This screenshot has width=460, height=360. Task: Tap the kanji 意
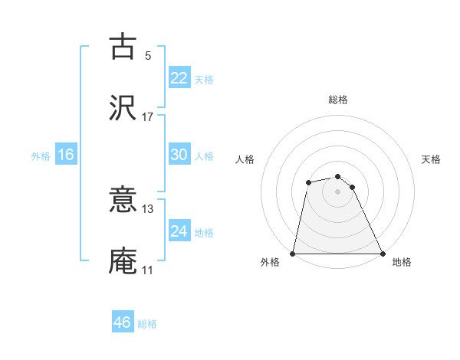[x=123, y=201]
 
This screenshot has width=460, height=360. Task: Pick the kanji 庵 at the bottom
[x=123, y=260]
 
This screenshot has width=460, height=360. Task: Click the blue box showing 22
[x=179, y=78]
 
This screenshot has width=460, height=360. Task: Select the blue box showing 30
[x=179, y=155]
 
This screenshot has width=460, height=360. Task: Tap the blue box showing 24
[x=179, y=231]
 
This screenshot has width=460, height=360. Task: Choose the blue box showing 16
[x=66, y=155]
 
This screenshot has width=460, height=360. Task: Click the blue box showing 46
[x=123, y=322]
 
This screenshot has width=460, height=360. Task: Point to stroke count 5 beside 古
[x=148, y=55]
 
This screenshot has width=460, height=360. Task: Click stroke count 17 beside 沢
[x=148, y=116]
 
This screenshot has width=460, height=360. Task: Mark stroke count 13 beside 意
[x=148, y=208]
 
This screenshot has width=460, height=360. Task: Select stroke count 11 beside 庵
[x=148, y=270]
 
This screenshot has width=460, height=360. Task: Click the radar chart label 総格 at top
[x=338, y=100]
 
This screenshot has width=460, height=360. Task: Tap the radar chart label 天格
[x=431, y=159]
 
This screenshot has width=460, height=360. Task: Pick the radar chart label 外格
[x=270, y=262]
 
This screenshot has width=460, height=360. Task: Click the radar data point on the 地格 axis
[x=383, y=254]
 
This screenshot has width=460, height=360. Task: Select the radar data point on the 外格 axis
[x=293, y=254]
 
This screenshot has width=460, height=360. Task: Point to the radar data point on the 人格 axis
[x=308, y=182]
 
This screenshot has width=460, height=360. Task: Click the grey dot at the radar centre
[x=338, y=191]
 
